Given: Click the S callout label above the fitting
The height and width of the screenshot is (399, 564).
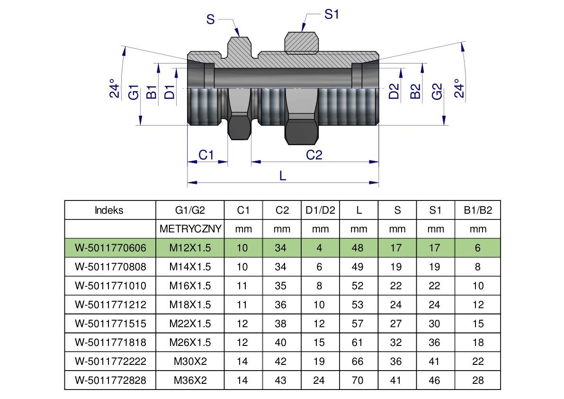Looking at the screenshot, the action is (210, 19).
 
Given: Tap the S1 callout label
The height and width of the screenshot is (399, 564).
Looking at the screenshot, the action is (331, 14).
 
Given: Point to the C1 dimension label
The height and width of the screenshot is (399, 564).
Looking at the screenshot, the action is (206, 155).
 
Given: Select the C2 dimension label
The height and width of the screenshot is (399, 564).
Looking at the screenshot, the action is (314, 155).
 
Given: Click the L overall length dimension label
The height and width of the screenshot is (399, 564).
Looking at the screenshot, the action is (283, 176).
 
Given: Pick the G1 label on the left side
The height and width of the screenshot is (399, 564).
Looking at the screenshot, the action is (134, 92).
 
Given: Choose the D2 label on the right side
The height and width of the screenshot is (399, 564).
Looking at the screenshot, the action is (394, 91).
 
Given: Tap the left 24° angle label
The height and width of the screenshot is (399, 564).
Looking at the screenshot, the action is (115, 89).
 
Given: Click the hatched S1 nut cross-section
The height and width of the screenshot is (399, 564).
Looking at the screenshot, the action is (302, 43).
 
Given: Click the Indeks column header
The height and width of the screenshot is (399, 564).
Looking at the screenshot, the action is (109, 210).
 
